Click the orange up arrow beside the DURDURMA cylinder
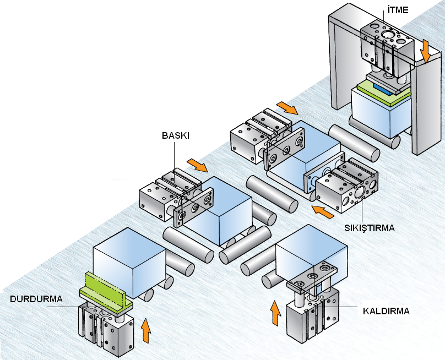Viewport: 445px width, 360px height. tap(145, 330)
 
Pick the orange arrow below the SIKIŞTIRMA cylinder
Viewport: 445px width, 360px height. tap(323, 209)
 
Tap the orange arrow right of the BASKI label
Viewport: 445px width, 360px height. tap(197, 165)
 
